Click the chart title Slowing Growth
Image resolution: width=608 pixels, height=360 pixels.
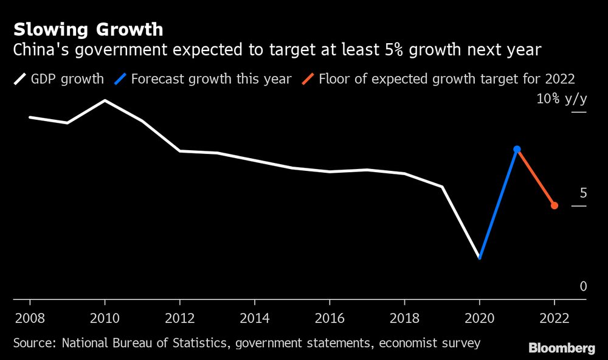pyautogui.click(x=88, y=29)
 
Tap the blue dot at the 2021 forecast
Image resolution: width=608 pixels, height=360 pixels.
pyautogui.click(x=517, y=149)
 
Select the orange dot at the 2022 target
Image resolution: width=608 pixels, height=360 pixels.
pyautogui.click(x=554, y=206)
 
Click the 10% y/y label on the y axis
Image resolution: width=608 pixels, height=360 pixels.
pyautogui.click(x=561, y=99)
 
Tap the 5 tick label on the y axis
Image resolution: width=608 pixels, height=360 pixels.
pyautogui.click(x=583, y=193)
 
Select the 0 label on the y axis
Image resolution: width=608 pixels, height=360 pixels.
pyautogui.click(x=583, y=286)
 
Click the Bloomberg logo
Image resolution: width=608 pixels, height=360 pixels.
pyautogui.click(x=562, y=348)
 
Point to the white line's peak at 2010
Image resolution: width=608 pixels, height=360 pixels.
pyautogui.click(x=105, y=100)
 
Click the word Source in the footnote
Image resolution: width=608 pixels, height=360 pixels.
pyautogui.click(x=33, y=344)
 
